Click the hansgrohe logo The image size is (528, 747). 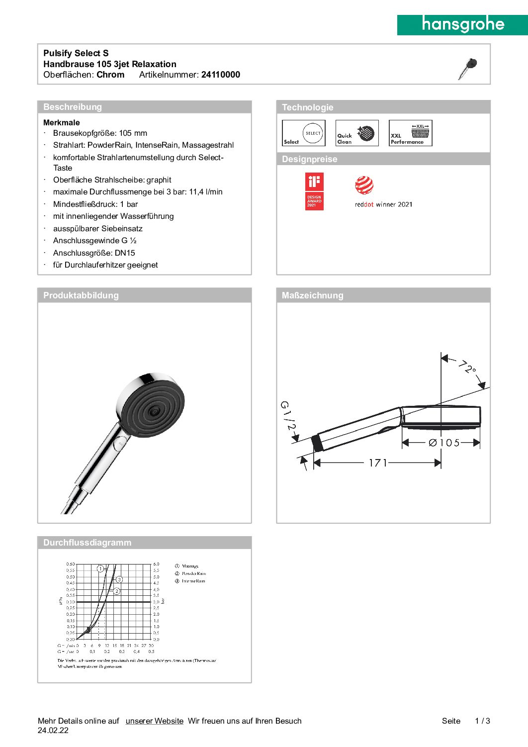(x=462, y=24)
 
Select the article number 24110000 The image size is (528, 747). (x=220, y=75)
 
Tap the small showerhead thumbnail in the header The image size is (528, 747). (x=467, y=68)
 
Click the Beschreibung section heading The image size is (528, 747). (x=73, y=107)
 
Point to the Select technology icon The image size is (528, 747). (x=304, y=133)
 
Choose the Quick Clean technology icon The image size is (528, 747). (x=357, y=133)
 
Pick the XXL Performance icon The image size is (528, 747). (x=410, y=133)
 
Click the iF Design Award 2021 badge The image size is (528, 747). (x=314, y=191)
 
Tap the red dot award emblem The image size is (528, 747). (x=364, y=185)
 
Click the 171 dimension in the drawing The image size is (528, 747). (x=378, y=463)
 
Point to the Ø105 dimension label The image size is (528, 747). (x=444, y=443)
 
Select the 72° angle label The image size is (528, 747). (x=467, y=368)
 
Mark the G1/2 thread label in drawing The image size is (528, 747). (x=288, y=416)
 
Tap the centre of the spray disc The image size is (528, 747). (x=155, y=411)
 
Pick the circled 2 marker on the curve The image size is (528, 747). (x=117, y=591)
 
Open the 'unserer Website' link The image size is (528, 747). (x=155, y=721)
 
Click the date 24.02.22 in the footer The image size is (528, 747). (x=53, y=731)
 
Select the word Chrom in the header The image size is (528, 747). (x=110, y=75)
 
